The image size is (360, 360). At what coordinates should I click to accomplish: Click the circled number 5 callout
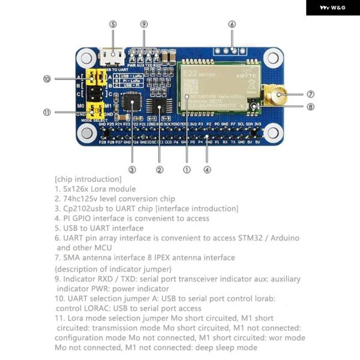(113, 24)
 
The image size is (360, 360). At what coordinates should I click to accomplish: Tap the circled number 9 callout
(143, 24)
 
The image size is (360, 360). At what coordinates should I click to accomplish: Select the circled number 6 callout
(232, 24)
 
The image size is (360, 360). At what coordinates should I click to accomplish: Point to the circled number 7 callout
(310, 94)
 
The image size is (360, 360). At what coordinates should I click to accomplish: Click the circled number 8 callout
(310, 107)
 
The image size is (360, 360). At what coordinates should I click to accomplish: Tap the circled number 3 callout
(132, 169)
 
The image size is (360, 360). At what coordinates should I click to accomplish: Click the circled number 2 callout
(159, 169)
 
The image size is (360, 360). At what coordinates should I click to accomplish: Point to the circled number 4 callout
(207, 169)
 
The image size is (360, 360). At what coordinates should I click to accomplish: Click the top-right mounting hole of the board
(273, 58)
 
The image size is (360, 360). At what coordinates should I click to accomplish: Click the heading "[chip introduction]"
(88, 179)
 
